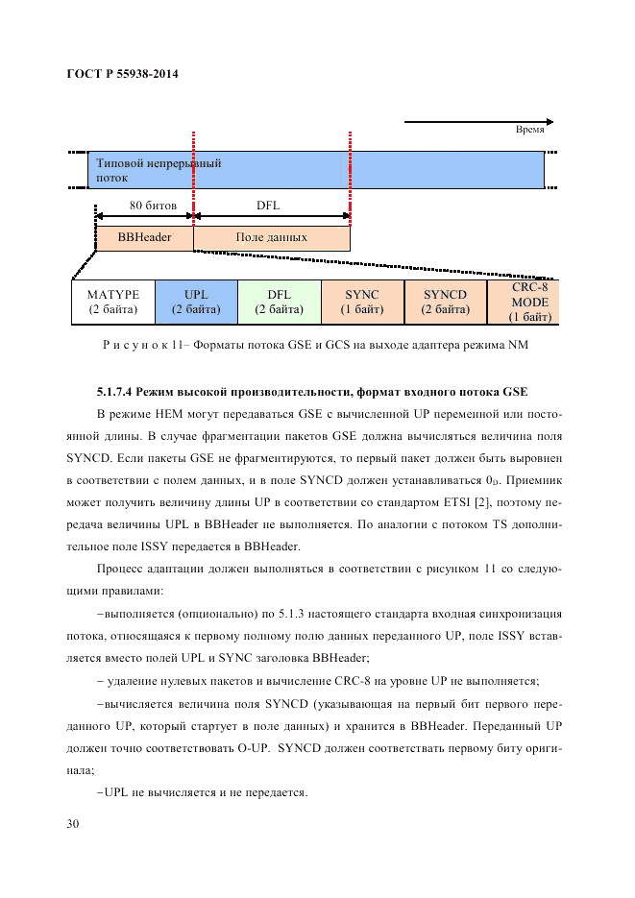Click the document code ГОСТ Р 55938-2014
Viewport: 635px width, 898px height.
point(124,74)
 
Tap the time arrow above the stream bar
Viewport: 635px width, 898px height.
point(476,122)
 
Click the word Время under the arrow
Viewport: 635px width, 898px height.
point(530,131)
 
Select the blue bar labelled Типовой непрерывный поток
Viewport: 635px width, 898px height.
point(317,170)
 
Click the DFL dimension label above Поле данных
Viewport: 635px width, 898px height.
point(268,204)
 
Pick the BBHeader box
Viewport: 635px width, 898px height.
point(144,237)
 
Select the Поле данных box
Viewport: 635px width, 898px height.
point(272,237)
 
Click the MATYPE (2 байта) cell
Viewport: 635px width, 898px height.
point(113,302)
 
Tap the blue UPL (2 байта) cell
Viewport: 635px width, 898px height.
point(196,302)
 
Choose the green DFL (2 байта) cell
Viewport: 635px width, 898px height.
point(279,302)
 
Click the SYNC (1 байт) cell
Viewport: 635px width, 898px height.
point(362,302)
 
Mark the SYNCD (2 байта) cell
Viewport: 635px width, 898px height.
point(445,302)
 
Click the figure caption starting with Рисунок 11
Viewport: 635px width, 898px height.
point(317,345)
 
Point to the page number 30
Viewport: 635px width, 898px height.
point(74,824)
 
